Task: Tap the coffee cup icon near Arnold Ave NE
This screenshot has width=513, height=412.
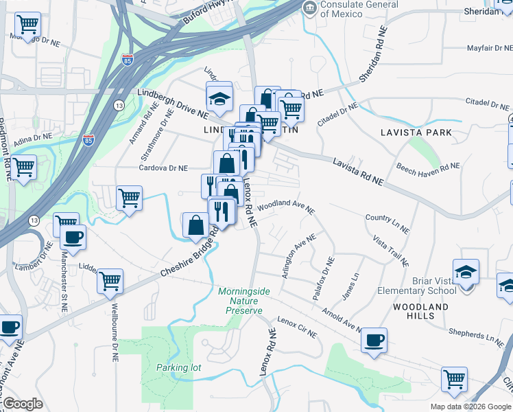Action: (x=374, y=340)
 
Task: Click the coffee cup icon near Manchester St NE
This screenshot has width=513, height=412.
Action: (x=73, y=238)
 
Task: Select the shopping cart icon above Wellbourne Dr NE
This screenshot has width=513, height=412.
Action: (x=110, y=280)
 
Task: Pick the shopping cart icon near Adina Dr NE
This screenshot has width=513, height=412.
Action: (x=24, y=167)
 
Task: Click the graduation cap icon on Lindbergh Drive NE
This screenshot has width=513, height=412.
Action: (x=220, y=99)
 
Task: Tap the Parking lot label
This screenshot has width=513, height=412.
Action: (x=178, y=367)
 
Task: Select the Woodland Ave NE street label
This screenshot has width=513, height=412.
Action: (x=286, y=205)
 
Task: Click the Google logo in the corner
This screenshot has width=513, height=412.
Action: (x=23, y=404)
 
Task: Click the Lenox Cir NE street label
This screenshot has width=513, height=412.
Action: (x=297, y=328)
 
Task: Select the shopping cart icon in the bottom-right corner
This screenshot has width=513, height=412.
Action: (x=454, y=378)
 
